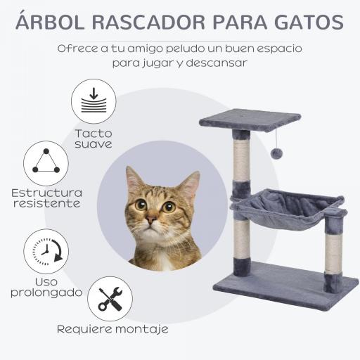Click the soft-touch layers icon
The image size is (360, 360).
click(94, 101)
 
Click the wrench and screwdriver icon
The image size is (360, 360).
click(110, 299)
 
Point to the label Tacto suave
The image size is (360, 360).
click(94, 139)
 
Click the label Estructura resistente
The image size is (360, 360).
click(46, 198)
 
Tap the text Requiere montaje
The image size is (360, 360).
click(112, 328)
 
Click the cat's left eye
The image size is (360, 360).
click(169, 207)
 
